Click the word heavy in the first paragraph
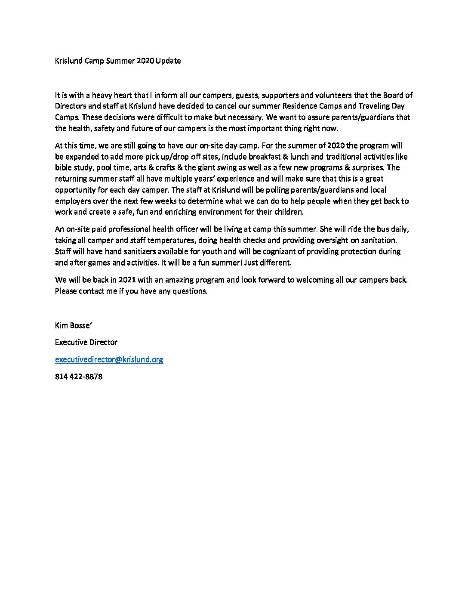pyautogui.click(x=102, y=95)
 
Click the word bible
pyautogui.click(x=64, y=167)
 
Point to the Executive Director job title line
pyautogui.click(x=86, y=342)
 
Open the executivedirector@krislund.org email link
pyautogui.click(x=109, y=359)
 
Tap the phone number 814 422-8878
pyautogui.click(x=79, y=377)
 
